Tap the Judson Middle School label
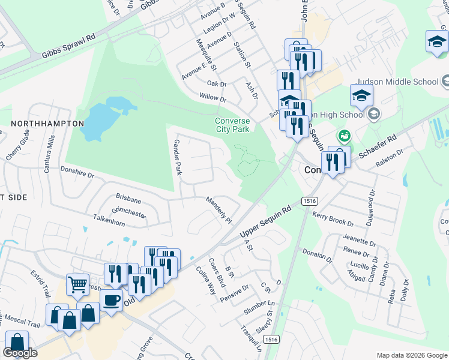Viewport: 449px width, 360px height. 398,82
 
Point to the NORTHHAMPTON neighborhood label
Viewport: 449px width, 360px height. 47,123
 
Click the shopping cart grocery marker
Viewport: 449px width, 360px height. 77,284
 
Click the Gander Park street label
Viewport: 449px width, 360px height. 177,157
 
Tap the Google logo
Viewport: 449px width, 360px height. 20,353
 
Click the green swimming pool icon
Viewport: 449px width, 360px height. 343,136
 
